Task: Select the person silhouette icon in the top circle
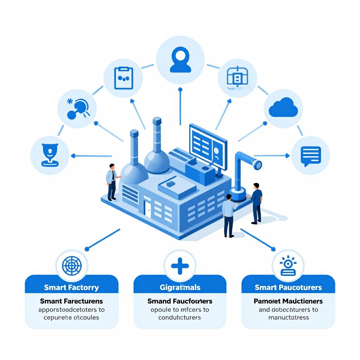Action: click(180, 61)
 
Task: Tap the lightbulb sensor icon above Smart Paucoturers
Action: click(288, 266)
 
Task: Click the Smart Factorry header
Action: click(72, 287)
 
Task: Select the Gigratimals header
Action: click(180, 287)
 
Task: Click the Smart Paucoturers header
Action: click(288, 287)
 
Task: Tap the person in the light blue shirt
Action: click(229, 215)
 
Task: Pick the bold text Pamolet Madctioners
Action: click(288, 301)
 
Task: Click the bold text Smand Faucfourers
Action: click(180, 301)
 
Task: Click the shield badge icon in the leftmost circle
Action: click(49, 155)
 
